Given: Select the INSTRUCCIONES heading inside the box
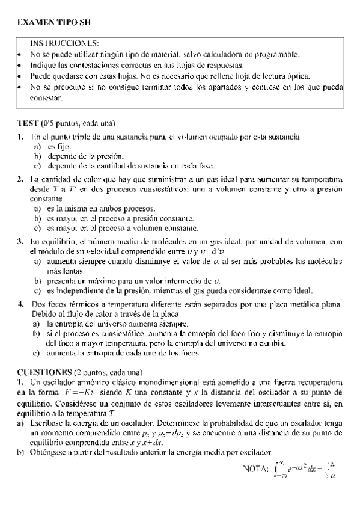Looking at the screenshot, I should click(x=65, y=44).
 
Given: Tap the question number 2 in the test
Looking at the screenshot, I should click(x=20, y=179).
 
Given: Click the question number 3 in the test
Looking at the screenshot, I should click(x=20, y=241).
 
